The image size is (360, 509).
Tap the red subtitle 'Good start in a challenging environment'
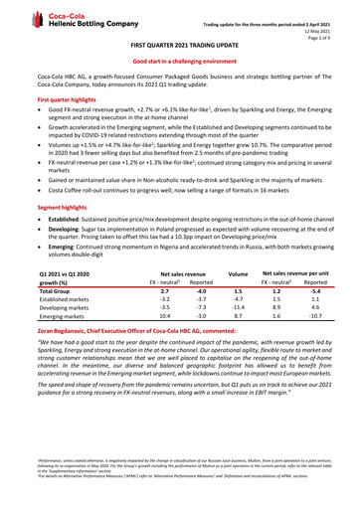click(180, 62)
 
